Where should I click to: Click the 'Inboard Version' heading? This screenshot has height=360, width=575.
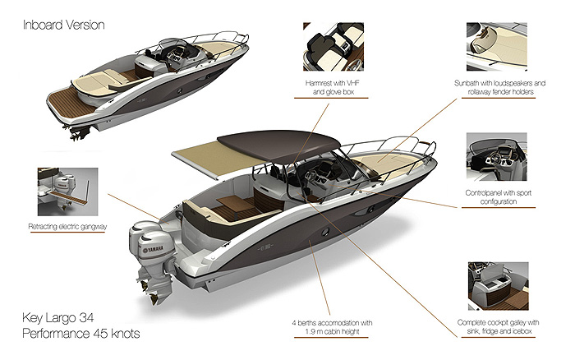pyautogui.click(x=64, y=25)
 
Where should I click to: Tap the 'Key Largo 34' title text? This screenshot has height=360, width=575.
pyautogui.click(x=58, y=318)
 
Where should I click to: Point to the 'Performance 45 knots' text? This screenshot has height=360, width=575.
pyautogui.click(x=81, y=334)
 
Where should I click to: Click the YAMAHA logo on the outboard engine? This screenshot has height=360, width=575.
pyautogui.click(x=154, y=250)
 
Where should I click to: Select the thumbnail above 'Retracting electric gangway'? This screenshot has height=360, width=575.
pyautogui.click(x=68, y=192)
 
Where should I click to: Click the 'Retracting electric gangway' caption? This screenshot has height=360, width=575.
pyautogui.click(x=67, y=227)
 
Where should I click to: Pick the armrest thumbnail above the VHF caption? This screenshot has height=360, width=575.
pyautogui.click(x=333, y=47)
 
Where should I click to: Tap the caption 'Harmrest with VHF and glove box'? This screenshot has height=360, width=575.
pyautogui.click(x=333, y=88)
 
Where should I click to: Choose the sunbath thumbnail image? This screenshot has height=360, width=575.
pyautogui.click(x=496, y=47)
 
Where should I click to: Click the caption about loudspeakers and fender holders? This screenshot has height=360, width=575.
pyautogui.click(x=499, y=88)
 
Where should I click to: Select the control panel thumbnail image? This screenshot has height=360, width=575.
pyautogui.click(x=496, y=157)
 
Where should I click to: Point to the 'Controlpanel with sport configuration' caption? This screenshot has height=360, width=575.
pyautogui.click(x=499, y=197)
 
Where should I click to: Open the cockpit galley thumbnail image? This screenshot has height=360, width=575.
pyautogui.click(x=499, y=286)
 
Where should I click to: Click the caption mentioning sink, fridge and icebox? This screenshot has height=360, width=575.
pyautogui.click(x=499, y=327)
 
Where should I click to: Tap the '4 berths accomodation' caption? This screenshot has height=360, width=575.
pyautogui.click(x=332, y=327)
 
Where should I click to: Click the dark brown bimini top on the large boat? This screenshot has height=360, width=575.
pyautogui.click(x=278, y=145)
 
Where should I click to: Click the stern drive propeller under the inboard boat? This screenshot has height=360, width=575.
pyautogui.click(x=80, y=133)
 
